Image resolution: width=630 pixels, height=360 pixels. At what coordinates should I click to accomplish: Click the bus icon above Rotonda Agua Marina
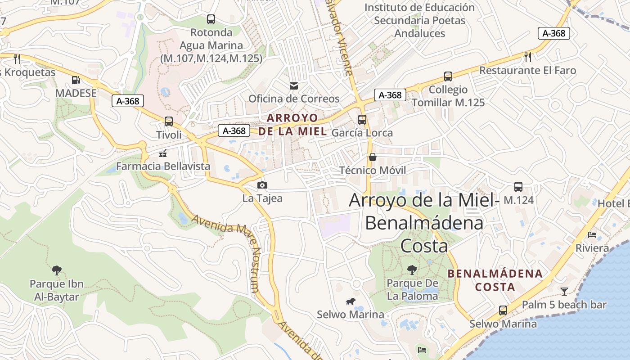pos(211,19)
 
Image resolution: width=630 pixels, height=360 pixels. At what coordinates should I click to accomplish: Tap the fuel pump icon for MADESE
pos(76,80)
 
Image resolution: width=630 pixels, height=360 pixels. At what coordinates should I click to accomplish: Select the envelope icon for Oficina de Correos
pos(293,85)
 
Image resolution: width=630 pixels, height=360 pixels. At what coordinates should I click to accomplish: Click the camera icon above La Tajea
pos(262,185)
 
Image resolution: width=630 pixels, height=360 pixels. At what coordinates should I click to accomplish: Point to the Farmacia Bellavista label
pos(163,166)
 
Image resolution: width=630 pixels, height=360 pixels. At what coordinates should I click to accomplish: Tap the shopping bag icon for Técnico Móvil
pos(373,157)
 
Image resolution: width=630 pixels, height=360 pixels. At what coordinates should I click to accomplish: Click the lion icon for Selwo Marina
pos(350,301)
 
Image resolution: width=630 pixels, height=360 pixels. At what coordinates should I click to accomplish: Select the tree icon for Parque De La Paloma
pos(412,270)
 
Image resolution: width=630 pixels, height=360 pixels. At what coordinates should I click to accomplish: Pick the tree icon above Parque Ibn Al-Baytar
pos(57,270)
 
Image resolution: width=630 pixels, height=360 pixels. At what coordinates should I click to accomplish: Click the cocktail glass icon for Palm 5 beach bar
pos(564,291)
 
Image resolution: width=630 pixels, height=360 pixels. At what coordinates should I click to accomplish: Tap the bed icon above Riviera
pos(592,235)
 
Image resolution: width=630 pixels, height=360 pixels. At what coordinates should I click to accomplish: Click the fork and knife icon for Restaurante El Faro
pos(528,57)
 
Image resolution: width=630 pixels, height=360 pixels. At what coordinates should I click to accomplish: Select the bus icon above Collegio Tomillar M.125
pos(448,76)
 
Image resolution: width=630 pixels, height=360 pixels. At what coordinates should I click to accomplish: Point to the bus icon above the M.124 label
pos(518,186)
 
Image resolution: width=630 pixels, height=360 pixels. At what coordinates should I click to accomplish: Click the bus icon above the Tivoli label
pos(169,121)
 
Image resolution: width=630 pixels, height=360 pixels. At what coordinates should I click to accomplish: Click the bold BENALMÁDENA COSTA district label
pos(495,280)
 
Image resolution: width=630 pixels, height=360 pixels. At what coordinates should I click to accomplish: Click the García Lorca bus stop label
pos(362,133)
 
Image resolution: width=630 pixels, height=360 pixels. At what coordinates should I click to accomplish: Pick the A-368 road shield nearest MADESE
pos(128,101)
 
